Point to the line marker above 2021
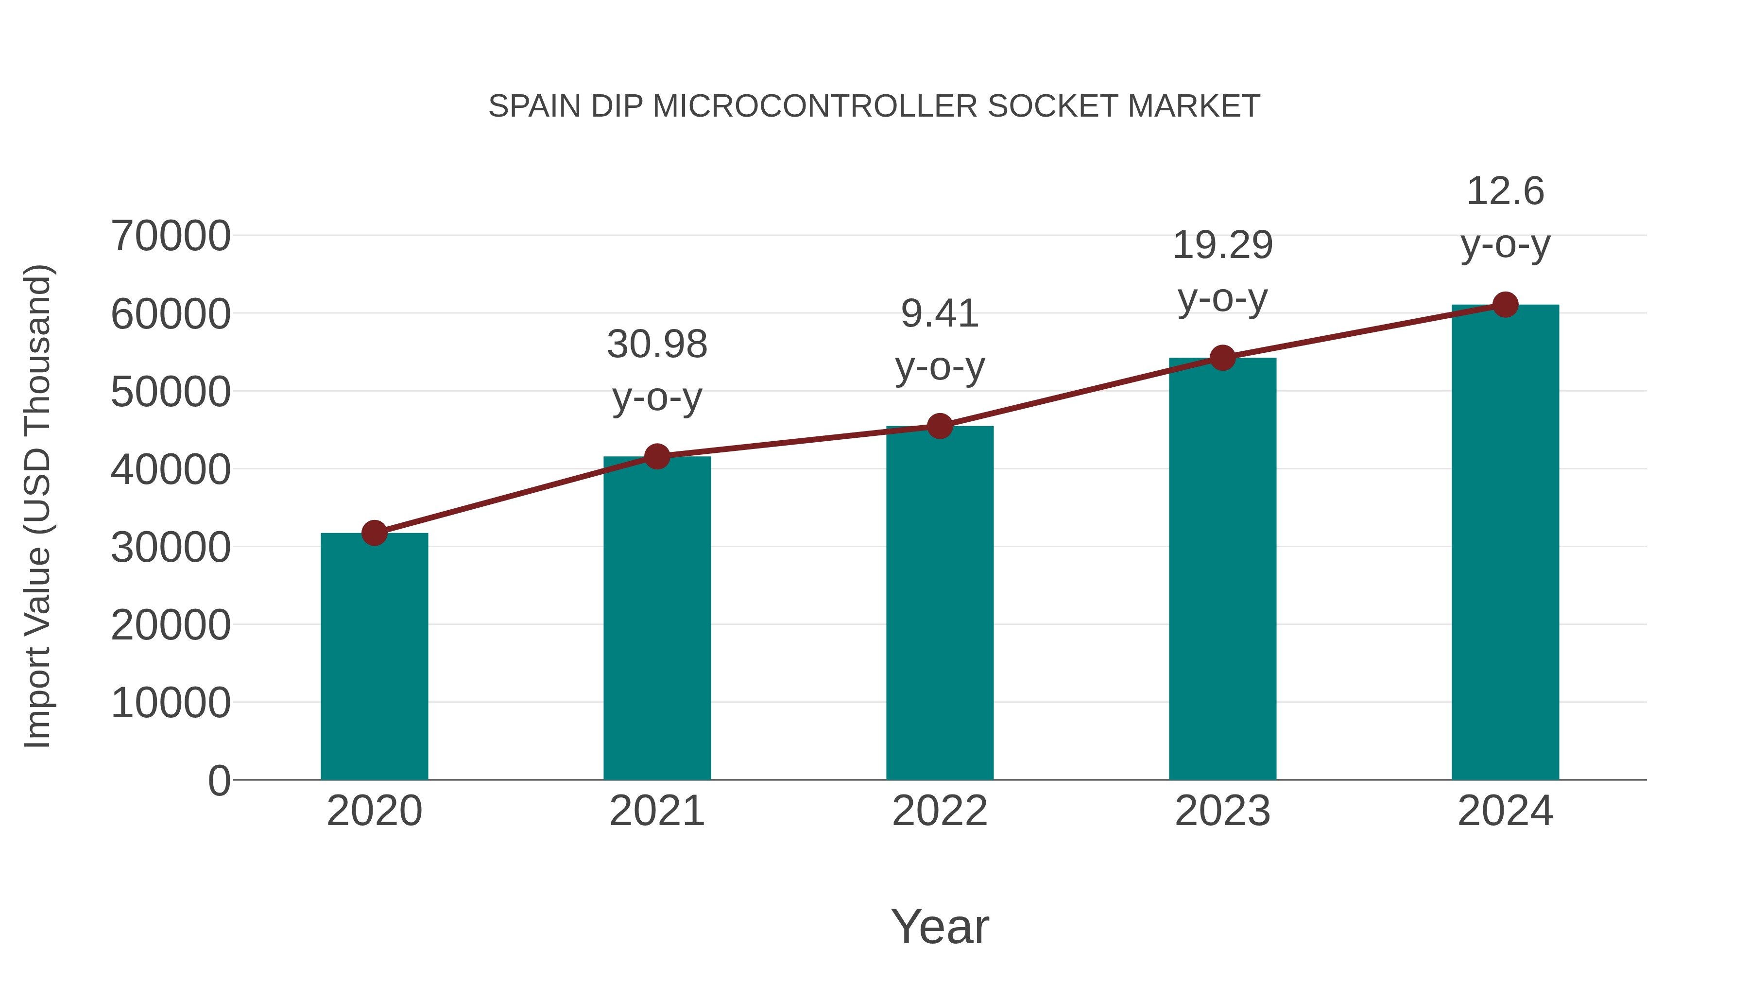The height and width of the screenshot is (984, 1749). click(657, 456)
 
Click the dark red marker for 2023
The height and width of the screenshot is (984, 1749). click(1223, 357)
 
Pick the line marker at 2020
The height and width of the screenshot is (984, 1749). click(374, 533)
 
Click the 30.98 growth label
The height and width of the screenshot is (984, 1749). click(657, 345)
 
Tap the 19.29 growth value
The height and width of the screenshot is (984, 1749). click(1223, 245)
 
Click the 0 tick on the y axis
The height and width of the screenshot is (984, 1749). click(219, 780)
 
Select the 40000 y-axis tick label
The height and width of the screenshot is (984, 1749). click(171, 469)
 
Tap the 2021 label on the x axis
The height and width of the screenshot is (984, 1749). click(657, 811)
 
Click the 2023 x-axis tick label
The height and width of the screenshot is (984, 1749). click(1223, 811)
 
